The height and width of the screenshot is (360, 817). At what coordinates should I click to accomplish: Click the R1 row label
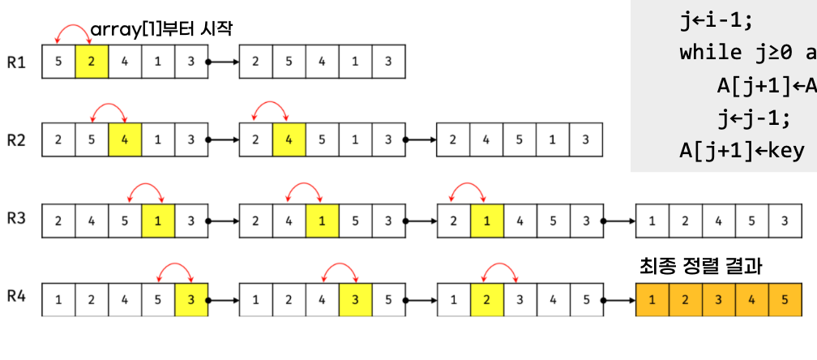(x=17, y=62)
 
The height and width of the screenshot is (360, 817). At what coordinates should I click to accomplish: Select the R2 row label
(x=17, y=140)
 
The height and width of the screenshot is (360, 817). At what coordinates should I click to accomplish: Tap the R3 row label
(x=17, y=220)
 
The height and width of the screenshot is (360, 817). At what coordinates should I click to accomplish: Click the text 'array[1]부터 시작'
(x=162, y=30)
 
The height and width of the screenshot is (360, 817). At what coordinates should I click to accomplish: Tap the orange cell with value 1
(x=652, y=299)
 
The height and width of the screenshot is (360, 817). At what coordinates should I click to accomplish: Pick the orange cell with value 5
(x=785, y=299)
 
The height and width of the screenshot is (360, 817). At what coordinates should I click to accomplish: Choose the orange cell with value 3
(x=718, y=299)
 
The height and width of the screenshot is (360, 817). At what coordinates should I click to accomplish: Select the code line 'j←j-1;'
(x=753, y=118)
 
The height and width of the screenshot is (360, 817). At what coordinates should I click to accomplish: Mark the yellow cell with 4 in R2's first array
(x=124, y=140)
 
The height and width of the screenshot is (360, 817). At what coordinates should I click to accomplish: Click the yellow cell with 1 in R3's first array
(x=157, y=220)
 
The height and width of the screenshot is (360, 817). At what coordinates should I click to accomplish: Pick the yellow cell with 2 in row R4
(x=486, y=299)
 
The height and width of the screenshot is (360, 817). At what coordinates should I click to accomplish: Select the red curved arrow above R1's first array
(x=73, y=33)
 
